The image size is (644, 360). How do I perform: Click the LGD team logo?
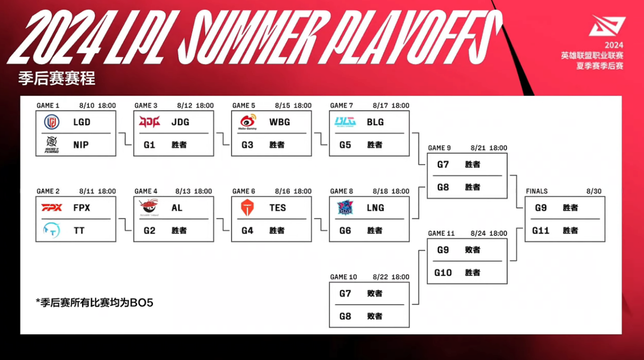[x=51, y=122]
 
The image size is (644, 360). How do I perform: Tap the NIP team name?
[x=81, y=145]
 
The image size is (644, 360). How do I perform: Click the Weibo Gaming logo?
[x=248, y=122]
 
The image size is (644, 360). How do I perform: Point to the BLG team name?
[x=375, y=122]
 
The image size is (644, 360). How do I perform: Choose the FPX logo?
[x=51, y=207]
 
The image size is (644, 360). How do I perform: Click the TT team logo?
[x=51, y=230]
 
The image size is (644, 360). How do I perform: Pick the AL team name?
[x=177, y=207]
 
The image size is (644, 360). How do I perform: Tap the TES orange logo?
[x=247, y=207]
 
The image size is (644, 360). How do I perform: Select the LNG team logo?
[x=346, y=208]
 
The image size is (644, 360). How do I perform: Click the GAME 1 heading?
[x=48, y=106]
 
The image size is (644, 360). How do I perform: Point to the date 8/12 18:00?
[x=195, y=106]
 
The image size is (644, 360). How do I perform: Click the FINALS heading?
[x=537, y=191]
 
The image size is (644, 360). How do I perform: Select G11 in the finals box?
[x=541, y=231]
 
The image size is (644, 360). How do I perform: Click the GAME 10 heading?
[x=344, y=277]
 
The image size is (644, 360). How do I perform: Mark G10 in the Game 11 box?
[x=443, y=273]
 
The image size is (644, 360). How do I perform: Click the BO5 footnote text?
[x=95, y=303]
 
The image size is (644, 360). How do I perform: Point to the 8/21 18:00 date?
[x=489, y=148]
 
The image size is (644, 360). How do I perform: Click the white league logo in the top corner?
[x=608, y=27]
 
